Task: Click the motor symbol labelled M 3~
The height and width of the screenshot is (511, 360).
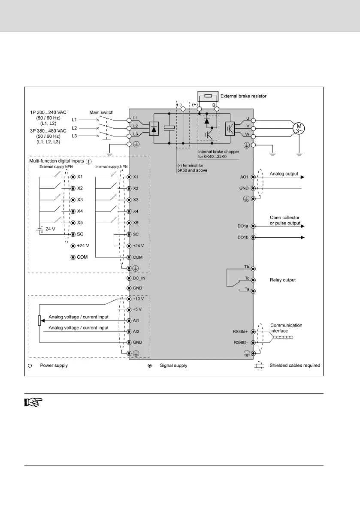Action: pyautogui.click(x=297, y=127)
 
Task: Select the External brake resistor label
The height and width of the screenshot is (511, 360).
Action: pyautogui.click(x=243, y=96)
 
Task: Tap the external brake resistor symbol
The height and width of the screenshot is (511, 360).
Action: pyautogui.click(x=208, y=96)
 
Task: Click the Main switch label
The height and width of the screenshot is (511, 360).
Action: pyautogui.click(x=101, y=112)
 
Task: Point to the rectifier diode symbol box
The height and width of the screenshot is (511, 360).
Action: pyautogui.click(x=154, y=127)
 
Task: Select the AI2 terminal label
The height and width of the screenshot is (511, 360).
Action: pyautogui.click(x=136, y=332)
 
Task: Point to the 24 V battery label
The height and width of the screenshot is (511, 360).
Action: pyautogui.click(x=51, y=229)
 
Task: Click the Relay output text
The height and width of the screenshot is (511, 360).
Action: pyautogui.click(x=283, y=280)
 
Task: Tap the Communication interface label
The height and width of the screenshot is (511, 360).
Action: pyautogui.click(x=286, y=328)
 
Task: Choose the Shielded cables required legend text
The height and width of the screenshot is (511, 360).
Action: pyautogui.click(x=295, y=366)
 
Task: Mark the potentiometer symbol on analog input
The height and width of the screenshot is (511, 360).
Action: pyautogui.click(x=39, y=321)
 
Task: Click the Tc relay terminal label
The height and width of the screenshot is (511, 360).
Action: pyautogui.click(x=247, y=278)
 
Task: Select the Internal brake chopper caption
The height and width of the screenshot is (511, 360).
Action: pyautogui.click(x=219, y=154)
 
